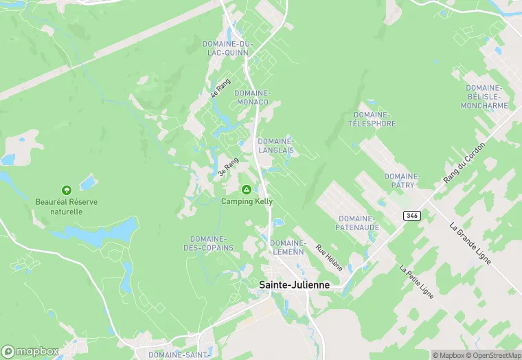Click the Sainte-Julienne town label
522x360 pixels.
(294, 284)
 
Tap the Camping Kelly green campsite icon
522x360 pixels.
(247, 189)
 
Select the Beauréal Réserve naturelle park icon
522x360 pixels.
(67, 190)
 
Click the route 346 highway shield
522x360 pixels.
(411, 216)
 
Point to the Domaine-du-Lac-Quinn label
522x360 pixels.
(228, 48)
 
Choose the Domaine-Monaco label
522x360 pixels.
(251, 98)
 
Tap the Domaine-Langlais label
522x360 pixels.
(276, 146)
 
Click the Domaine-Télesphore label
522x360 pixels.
(372, 119)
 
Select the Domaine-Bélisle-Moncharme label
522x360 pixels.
(486, 97)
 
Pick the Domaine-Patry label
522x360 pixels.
(402, 181)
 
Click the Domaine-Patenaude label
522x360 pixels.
(355, 223)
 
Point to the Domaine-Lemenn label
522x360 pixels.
(288, 247)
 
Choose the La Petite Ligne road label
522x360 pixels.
(413, 278)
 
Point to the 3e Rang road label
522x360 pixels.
(228, 168)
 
